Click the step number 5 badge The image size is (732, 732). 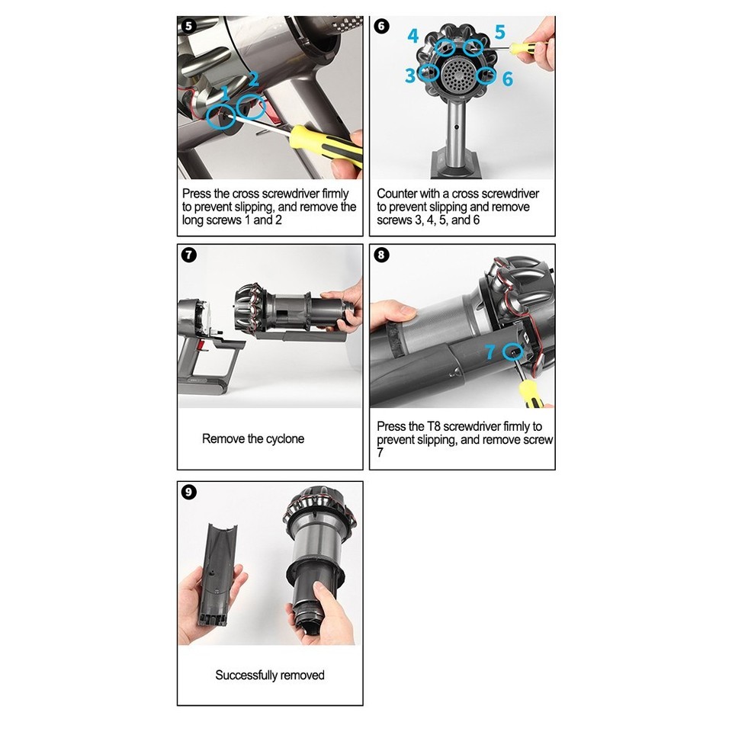pos(188,26)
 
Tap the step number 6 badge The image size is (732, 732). pos(381,26)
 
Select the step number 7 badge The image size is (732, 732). pos(188,255)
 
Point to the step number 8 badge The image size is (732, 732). pos(381,255)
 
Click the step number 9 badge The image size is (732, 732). pos(188,492)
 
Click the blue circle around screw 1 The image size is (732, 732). pos(207,116)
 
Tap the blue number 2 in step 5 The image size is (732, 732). pos(253,79)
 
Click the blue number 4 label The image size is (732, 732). pos(413,36)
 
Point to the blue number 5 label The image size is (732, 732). pos(500,32)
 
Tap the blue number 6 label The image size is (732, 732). pos(508,79)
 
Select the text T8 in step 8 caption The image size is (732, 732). pos(433,426)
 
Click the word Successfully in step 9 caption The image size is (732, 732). pos(246,675)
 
